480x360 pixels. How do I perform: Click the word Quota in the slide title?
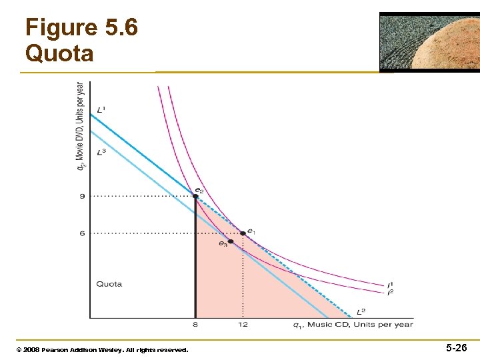click(59, 53)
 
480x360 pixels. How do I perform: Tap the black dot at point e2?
click(195, 195)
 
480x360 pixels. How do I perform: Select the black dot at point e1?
click(243, 233)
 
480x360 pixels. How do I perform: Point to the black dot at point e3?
click(230, 241)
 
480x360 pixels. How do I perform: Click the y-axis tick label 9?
click(82, 196)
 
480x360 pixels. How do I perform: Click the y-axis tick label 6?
click(82, 233)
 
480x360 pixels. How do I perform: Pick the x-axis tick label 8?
click(195, 325)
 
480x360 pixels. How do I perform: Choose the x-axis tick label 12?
click(243, 325)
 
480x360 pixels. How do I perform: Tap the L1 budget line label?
click(101, 110)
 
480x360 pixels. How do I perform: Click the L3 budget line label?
click(101, 152)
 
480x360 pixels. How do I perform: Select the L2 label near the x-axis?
click(361, 311)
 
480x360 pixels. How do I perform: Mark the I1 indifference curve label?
click(390, 285)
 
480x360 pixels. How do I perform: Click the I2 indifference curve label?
click(390, 292)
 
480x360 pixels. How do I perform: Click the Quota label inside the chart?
click(109, 284)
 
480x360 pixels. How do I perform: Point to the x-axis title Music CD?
click(353, 325)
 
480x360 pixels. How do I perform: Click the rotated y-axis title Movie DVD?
click(80, 126)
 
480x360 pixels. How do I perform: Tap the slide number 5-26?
click(456, 348)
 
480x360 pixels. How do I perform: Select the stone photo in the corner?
click(429, 41)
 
